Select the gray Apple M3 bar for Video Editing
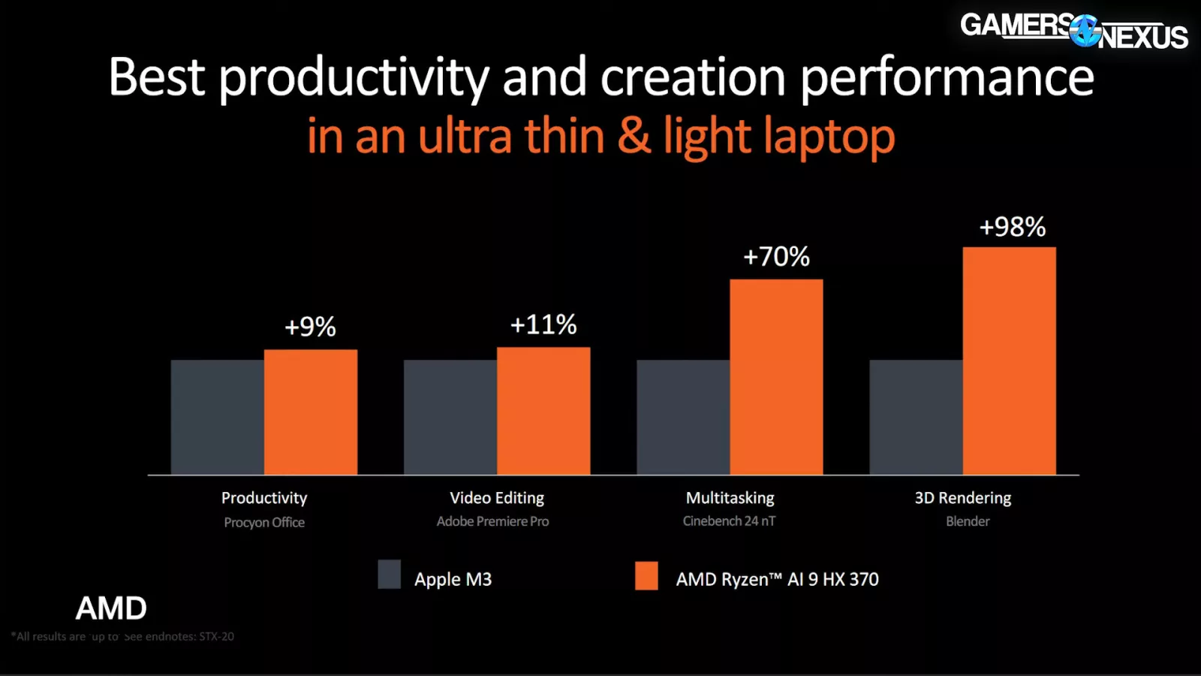(450, 417)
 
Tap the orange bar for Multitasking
(776, 377)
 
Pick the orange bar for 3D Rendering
(1009, 361)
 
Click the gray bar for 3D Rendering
(916, 417)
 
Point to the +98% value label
(1012, 227)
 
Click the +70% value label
(776, 257)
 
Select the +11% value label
(543, 324)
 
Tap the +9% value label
(310, 327)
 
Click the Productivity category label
(264, 498)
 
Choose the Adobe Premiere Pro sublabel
(492, 521)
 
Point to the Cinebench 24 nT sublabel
(729, 521)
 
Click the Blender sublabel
(968, 521)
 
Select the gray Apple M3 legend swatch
(389, 575)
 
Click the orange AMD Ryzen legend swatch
(646, 576)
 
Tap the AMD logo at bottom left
(111, 608)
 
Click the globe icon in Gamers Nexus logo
(1085, 32)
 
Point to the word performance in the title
(947, 78)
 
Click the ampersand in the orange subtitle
(634, 136)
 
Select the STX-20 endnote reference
(216, 636)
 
